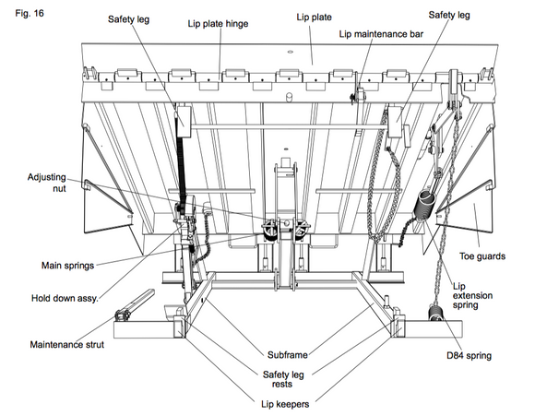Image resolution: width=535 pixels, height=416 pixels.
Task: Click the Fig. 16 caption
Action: pos(30,13)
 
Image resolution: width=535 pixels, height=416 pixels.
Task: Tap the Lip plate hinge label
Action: pos(218,24)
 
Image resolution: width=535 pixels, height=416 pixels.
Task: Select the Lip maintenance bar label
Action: pos(381,34)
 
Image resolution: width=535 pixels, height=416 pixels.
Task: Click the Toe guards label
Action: pos(481,256)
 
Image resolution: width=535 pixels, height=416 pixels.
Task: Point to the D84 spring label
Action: pos(469,356)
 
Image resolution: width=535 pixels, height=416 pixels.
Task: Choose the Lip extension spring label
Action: pos(472,295)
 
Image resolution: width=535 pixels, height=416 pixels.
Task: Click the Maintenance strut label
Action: pos(66,345)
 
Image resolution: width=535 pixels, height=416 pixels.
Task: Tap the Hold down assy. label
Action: pos(65,298)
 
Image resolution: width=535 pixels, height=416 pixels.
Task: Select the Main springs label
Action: pos(67,266)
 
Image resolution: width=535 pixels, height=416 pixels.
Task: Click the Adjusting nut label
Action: pos(47,183)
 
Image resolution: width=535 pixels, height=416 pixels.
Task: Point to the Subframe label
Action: pos(287,355)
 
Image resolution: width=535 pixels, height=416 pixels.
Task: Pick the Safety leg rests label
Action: pos(283,379)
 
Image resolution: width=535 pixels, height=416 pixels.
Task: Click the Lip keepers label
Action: pos(285,404)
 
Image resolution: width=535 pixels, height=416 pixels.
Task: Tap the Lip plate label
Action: pos(314,18)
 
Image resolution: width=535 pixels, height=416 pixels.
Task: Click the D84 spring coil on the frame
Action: pos(435,314)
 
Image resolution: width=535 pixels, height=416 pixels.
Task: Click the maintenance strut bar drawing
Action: pos(135,304)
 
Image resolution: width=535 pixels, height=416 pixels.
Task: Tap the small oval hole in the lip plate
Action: pos(291,52)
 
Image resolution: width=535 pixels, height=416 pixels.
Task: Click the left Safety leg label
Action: pos(128,19)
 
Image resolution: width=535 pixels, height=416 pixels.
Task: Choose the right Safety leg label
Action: pos(449,16)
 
